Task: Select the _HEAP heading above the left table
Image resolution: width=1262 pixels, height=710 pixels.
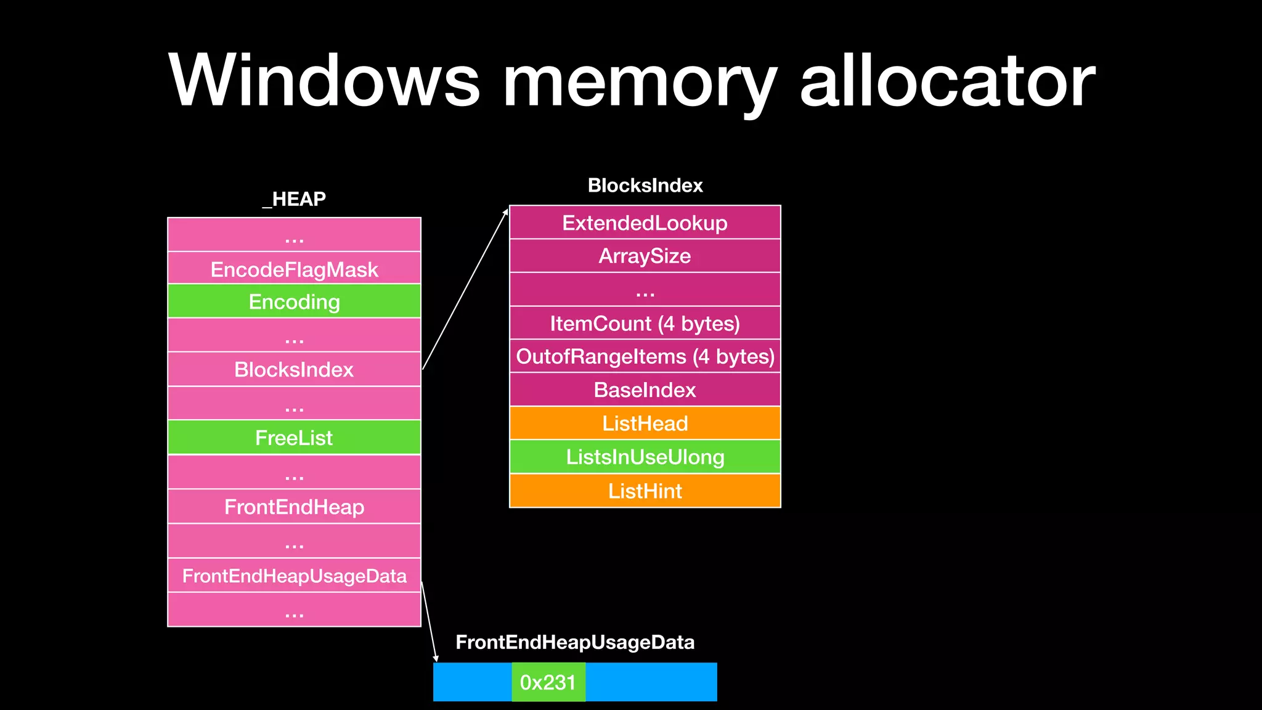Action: click(x=294, y=199)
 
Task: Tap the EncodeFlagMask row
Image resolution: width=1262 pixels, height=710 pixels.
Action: click(x=294, y=269)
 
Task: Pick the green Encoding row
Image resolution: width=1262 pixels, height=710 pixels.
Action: click(x=294, y=301)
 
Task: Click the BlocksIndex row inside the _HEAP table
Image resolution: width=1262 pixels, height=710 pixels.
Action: click(x=294, y=369)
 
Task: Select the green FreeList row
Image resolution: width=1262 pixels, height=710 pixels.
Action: click(x=294, y=438)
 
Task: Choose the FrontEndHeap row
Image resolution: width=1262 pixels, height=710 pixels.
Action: click(x=294, y=507)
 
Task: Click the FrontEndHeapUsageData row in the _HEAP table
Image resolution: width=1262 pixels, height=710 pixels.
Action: click(x=294, y=576)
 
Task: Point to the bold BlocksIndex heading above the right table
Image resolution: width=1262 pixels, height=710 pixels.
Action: click(x=645, y=186)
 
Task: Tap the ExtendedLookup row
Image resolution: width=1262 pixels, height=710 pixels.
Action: click(x=645, y=222)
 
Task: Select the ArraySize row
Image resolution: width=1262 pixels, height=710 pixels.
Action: click(x=645, y=256)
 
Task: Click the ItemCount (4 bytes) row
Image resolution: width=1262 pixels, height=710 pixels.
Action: click(x=645, y=324)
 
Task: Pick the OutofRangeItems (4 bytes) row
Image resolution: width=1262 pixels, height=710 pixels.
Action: click(x=645, y=356)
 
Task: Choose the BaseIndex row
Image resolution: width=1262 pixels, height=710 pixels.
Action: click(x=645, y=390)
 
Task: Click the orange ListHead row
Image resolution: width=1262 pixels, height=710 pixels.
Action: click(x=645, y=423)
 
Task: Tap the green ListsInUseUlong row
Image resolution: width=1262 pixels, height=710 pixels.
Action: click(x=645, y=457)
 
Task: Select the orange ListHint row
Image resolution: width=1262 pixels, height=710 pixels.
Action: click(x=645, y=491)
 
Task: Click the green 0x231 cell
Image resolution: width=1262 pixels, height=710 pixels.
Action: click(x=548, y=682)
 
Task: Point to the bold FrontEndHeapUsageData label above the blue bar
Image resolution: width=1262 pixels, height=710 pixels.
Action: click(x=575, y=642)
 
